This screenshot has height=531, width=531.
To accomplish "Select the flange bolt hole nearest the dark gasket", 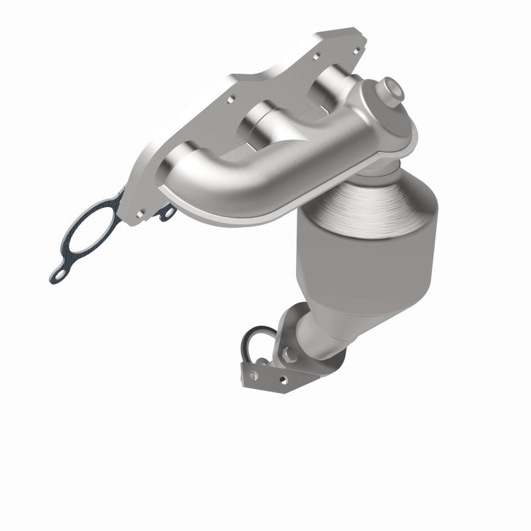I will [x=140, y=213].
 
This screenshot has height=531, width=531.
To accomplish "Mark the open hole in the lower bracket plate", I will [x=284, y=379].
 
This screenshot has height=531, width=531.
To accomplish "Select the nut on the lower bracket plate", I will [x=254, y=376].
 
